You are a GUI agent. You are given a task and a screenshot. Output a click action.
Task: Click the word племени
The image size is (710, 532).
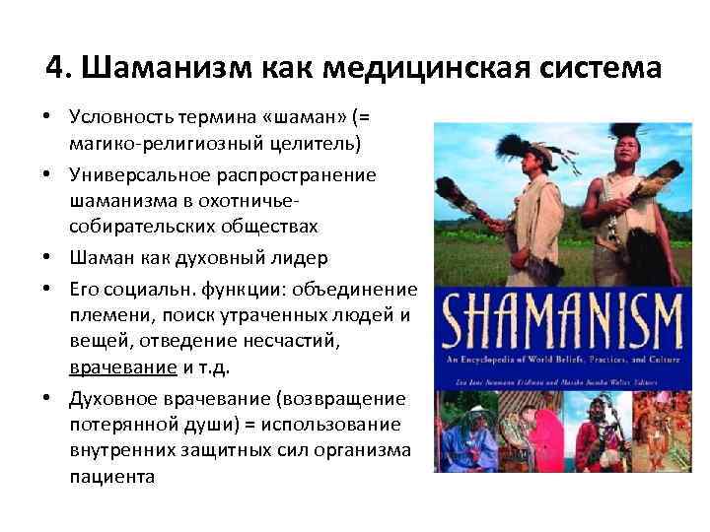click(105, 314)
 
